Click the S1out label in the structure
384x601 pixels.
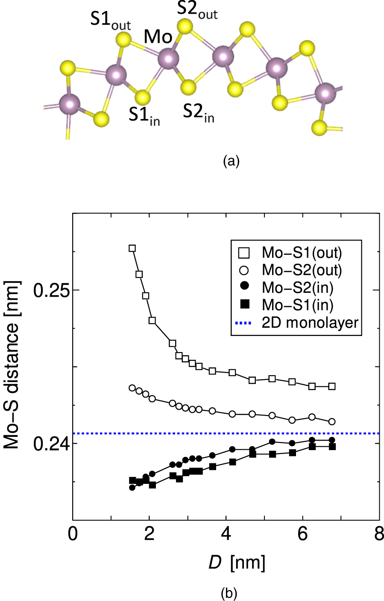(x=110, y=21)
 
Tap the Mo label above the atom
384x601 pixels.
(x=158, y=37)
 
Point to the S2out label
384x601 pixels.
(x=197, y=12)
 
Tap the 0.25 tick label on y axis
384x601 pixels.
(x=51, y=290)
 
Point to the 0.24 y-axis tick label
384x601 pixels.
(x=51, y=444)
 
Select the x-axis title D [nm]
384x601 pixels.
(x=237, y=563)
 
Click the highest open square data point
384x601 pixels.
(x=132, y=248)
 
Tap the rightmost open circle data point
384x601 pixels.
(x=332, y=421)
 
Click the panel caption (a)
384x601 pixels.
(x=232, y=161)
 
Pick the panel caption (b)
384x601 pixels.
(x=229, y=594)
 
